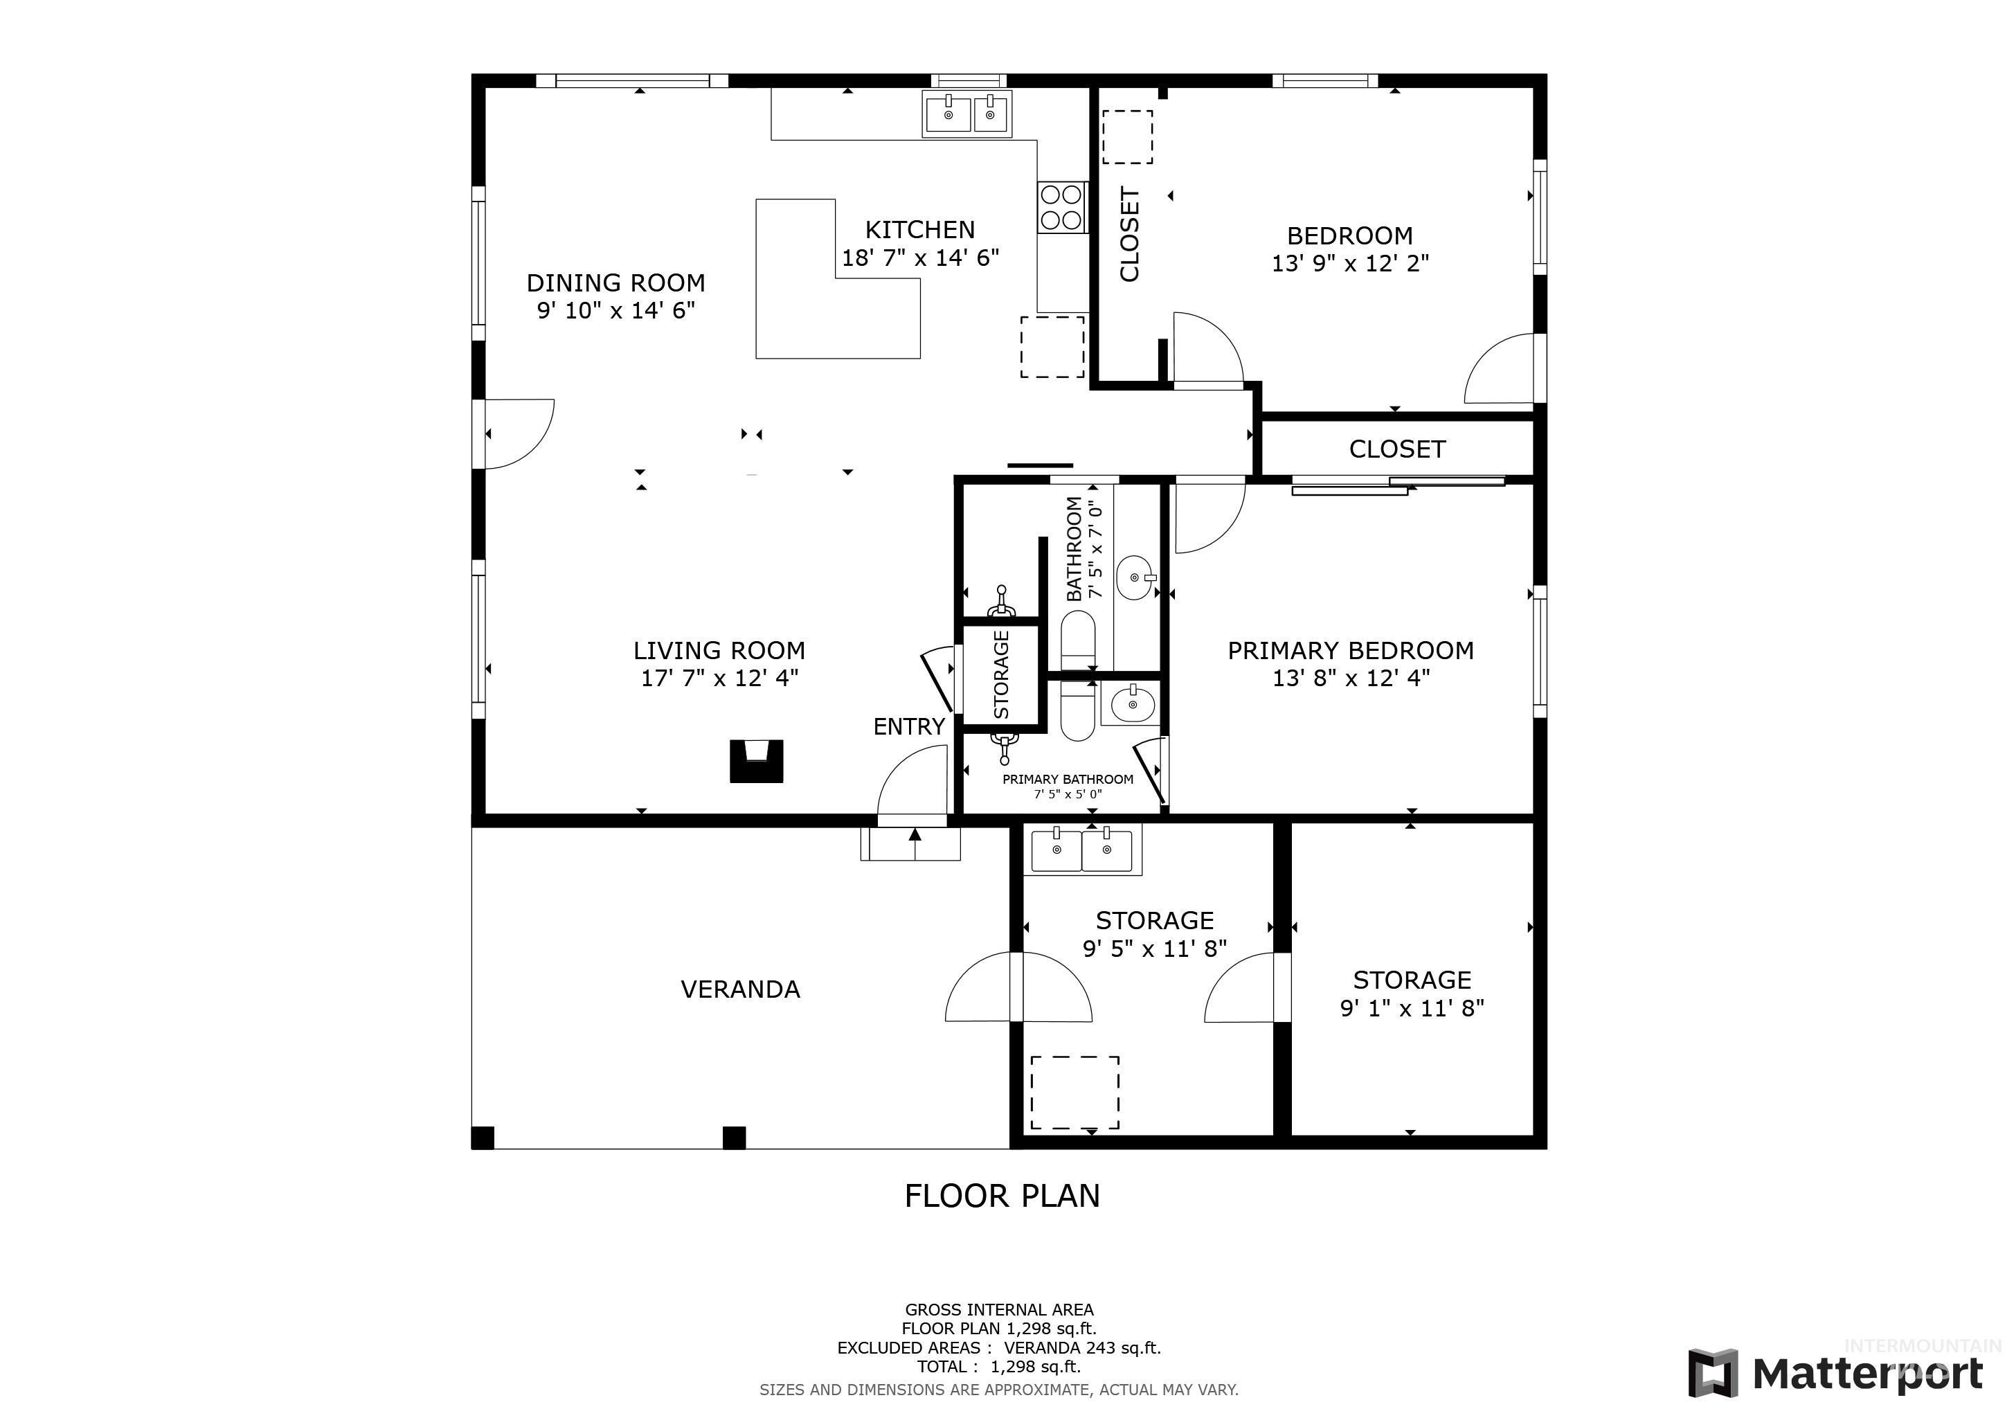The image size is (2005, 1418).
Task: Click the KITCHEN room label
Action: [x=919, y=230]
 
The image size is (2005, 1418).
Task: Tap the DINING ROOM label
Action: [x=615, y=283]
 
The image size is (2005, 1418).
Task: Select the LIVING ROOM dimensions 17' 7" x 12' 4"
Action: [x=719, y=678]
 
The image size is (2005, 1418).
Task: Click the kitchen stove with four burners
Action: [x=1062, y=207]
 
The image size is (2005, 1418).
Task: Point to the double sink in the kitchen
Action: [x=968, y=114]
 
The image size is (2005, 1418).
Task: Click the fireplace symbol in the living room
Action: [x=756, y=760]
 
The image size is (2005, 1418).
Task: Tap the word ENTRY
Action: [x=909, y=726]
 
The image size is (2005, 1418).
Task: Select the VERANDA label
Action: [x=741, y=989]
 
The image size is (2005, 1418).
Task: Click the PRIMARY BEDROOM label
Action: [x=1351, y=651]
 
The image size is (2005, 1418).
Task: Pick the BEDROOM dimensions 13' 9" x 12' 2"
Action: [x=1350, y=263]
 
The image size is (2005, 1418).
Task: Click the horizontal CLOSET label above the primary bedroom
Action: [x=1397, y=449]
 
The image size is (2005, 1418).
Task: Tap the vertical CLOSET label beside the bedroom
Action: [x=1130, y=234]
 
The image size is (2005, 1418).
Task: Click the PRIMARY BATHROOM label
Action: [x=1068, y=780]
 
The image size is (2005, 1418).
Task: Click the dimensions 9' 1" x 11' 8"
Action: [x=1412, y=1007]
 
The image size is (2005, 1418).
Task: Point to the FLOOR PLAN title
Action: [x=1002, y=1195]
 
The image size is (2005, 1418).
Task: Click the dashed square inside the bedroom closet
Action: [x=1127, y=137]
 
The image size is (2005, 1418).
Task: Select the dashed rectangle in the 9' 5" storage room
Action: [x=1075, y=1093]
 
